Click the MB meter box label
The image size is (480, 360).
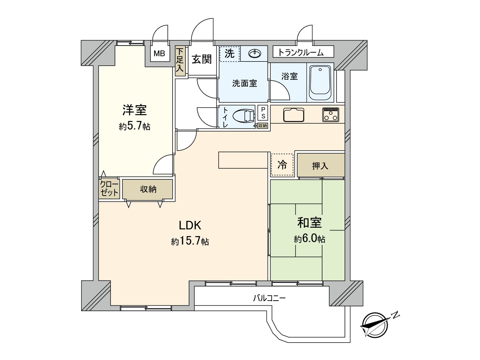(159, 54)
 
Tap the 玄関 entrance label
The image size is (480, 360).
(202, 59)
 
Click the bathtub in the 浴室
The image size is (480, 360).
(320, 82)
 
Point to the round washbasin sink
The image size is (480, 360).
(255, 54)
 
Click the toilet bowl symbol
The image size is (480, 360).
(244, 116)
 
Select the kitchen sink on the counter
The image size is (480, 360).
(293, 115)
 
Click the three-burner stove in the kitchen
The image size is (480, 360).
(331, 115)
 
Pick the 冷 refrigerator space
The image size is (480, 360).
(282, 164)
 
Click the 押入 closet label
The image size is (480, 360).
(320, 165)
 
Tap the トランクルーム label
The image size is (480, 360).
(301, 52)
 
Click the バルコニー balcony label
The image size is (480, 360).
(269, 298)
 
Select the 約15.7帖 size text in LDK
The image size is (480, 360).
(190, 241)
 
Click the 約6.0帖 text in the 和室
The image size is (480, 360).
(309, 239)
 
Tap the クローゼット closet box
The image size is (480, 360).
(109, 189)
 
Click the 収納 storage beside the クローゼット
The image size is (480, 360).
(148, 189)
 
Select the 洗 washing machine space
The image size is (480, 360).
(229, 54)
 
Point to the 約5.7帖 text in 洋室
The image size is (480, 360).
(134, 126)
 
